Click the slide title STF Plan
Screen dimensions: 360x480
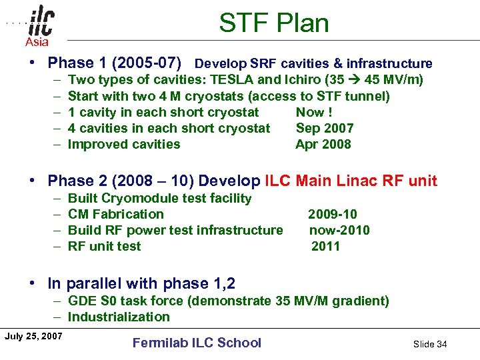pos(274,23)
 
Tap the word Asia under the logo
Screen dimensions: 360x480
pos(37,43)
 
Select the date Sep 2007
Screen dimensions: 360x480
pos(325,128)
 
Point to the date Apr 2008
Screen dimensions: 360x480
pos(323,144)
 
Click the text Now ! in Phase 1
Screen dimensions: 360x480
pos(314,112)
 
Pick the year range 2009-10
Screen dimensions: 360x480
pos(332,214)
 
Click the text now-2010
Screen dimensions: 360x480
pos(339,230)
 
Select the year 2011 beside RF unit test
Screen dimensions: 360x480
pos(325,246)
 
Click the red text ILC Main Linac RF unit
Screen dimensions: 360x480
pos(351,181)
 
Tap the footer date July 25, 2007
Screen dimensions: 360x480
pos(33,335)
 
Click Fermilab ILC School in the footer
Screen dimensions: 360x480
pos(197,343)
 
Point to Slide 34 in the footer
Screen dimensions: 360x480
pos(430,344)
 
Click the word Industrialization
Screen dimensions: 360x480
pos(119,317)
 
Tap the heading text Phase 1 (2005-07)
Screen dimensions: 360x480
pos(115,63)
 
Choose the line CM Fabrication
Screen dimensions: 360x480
pos(115,214)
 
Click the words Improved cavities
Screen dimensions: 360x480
pos(124,144)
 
